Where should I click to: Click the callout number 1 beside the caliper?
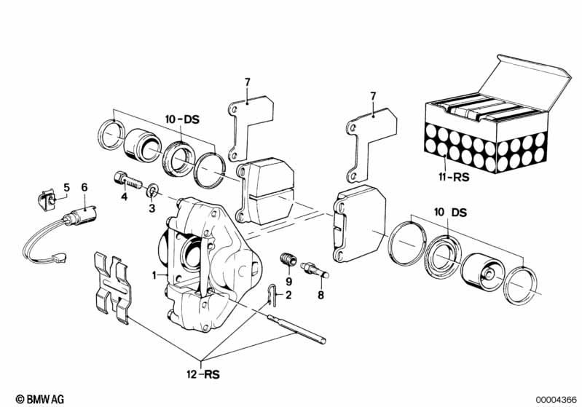tap(154, 275)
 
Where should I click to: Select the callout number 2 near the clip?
tap(288, 295)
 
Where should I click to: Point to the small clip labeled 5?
tap(49, 197)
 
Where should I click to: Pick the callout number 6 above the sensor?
tap(84, 187)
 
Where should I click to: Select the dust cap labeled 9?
tap(288, 260)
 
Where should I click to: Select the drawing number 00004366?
tap(557, 399)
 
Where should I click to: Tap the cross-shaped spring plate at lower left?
tap(112, 286)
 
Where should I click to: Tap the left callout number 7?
tap(247, 83)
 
